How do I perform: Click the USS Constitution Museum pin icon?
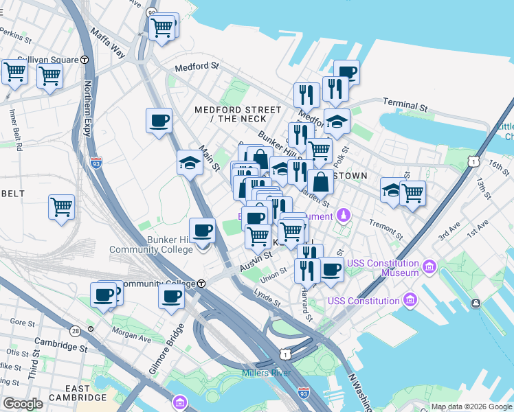click(430, 266)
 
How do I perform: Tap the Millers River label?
click(266, 373)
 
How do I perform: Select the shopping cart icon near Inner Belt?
click(62, 206)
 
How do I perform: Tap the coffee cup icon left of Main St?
click(159, 121)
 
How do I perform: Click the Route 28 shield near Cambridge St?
click(75, 330)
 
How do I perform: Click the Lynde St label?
click(267, 299)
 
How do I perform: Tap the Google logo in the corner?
click(23, 404)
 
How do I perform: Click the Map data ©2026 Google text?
click(471, 407)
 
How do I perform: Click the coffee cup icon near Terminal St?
click(346, 72)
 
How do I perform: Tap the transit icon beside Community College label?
click(201, 284)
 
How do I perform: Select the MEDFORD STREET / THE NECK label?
click(238, 114)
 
